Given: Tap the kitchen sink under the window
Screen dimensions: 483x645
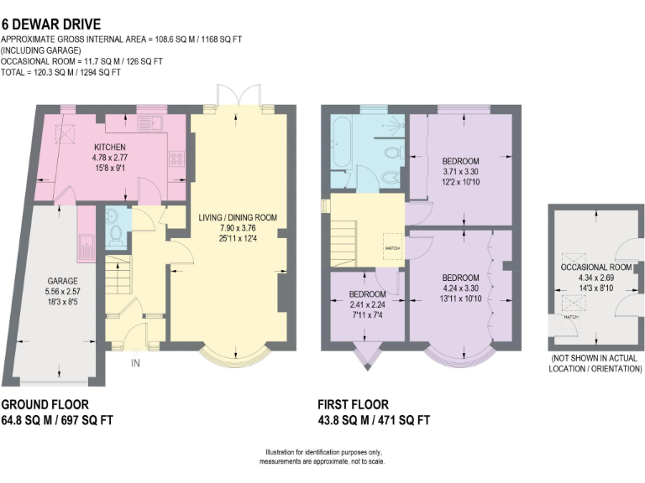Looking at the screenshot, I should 152,123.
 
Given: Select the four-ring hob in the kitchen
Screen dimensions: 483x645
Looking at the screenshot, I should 177,158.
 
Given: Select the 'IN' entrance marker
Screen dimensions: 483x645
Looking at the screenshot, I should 134,363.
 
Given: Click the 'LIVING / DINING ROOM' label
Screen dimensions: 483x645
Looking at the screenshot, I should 238,218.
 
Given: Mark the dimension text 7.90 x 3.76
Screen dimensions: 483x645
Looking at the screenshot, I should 238,229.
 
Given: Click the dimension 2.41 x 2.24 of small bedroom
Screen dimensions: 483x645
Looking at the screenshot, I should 367,304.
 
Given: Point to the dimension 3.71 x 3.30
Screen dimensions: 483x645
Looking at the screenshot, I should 460,172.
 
